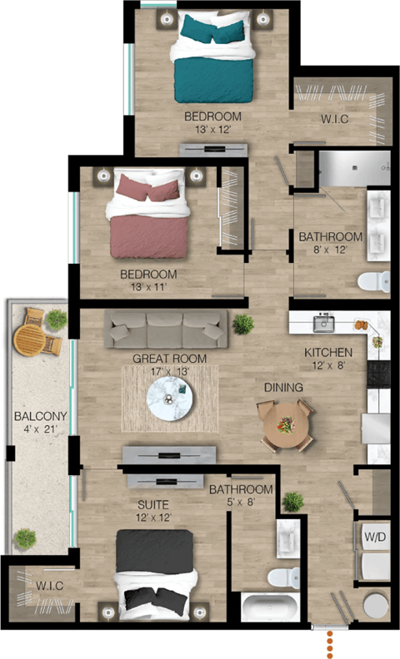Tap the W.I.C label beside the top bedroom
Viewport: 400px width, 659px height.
[x=334, y=119]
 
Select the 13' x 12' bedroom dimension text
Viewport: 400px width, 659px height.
[x=212, y=130]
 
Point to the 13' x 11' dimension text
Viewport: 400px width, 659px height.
[x=148, y=288]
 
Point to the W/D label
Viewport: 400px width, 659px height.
[x=374, y=537]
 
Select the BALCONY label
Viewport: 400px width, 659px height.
[x=35, y=416]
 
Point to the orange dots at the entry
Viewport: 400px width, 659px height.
[x=331, y=642]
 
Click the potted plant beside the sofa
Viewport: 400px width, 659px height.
[x=242, y=324]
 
